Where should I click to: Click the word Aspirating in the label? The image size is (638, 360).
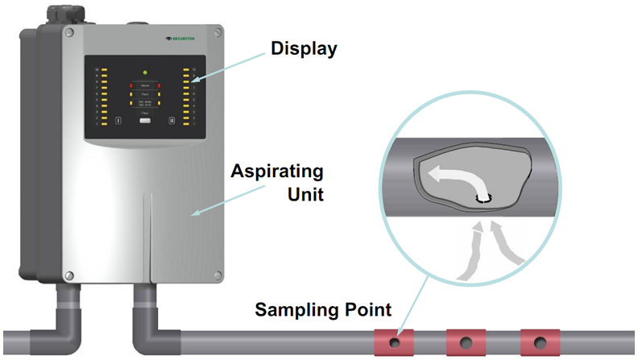coord(277,172)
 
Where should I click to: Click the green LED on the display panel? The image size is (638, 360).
coord(145,72)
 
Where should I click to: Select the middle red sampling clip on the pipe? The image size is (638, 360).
coord(466,341)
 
